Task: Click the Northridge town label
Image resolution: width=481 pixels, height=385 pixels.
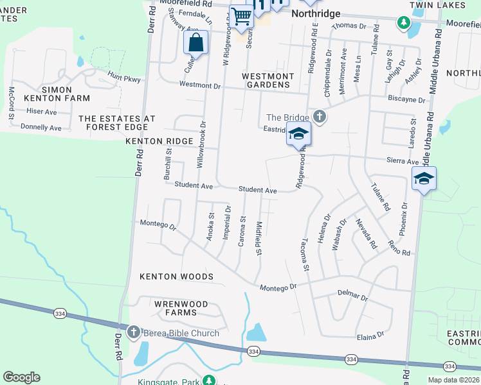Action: point(314,13)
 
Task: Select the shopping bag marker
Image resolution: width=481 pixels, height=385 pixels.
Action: point(196,44)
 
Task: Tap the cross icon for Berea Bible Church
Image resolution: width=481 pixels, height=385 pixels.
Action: point(133,332)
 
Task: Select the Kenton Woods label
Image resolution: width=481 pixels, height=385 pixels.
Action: point(176,277)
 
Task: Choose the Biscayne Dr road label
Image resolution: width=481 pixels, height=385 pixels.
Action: point(407,100)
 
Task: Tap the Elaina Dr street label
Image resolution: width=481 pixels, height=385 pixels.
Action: point(370,335)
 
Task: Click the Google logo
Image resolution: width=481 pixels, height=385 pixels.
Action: point(21,377)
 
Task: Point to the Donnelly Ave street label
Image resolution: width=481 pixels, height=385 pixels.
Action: point(41,128)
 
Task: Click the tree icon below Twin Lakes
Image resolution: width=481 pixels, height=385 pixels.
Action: point(403,24)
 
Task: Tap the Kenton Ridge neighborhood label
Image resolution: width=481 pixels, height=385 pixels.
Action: point(159,141)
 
